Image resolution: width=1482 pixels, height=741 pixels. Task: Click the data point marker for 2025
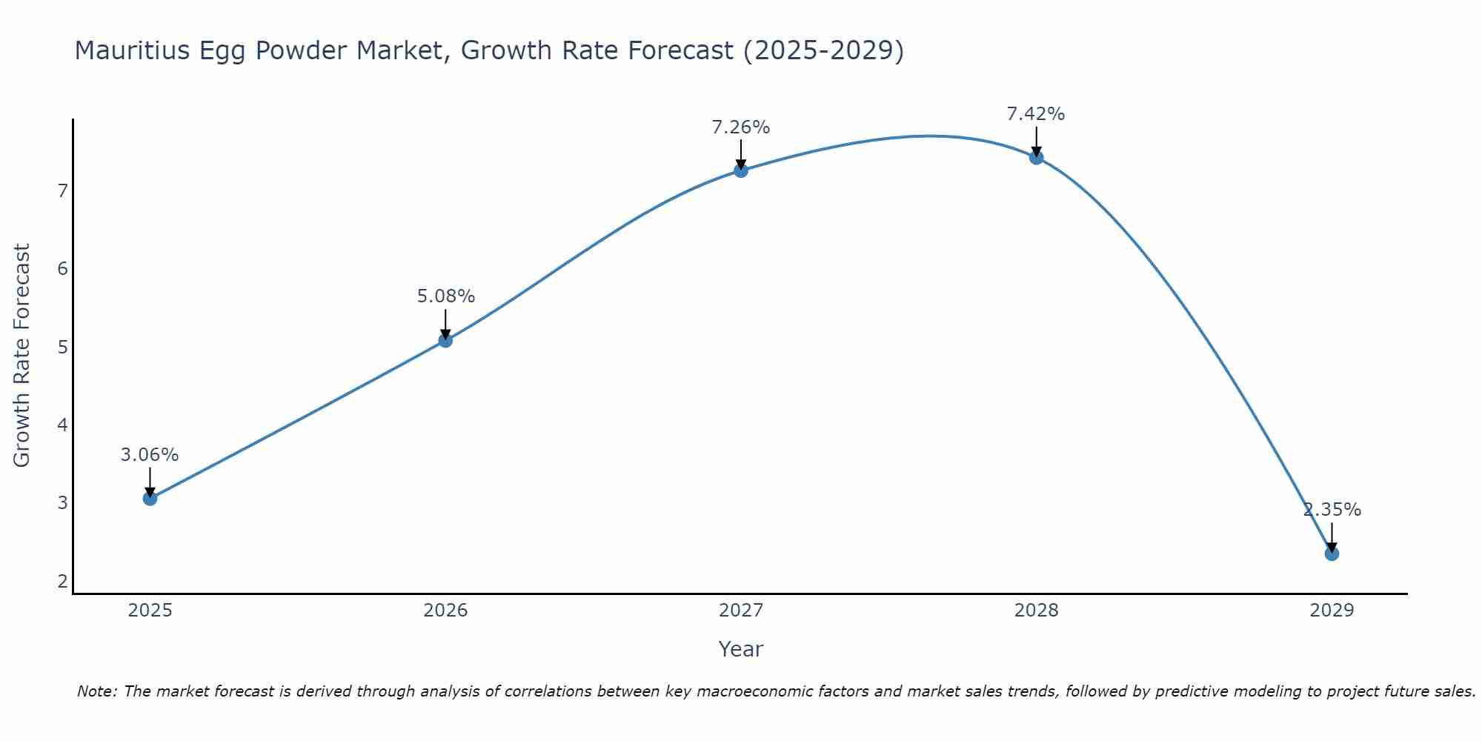[x=150, y=499]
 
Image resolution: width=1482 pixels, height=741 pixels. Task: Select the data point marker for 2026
[x=445, y=340]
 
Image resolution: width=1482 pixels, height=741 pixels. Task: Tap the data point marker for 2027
[x=741, y=170]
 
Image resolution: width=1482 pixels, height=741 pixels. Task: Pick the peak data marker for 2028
[x=1036, y=157]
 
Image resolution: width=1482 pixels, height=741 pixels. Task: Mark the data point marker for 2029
[x=1332, y=554]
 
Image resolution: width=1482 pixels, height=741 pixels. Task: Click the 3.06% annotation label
[x=150, y=455]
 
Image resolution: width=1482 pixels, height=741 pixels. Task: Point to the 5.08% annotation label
[x=445, y=296]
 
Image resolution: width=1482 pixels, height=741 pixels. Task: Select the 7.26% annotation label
[x=741, y=127]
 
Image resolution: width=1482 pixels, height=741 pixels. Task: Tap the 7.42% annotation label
[x=1036, y=114]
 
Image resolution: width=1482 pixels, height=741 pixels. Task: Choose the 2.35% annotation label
[x=1332, y=510]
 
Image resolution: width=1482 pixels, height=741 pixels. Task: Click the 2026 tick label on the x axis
[x=445, y=611]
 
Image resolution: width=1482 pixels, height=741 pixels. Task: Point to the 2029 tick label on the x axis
[x=1332, y=611]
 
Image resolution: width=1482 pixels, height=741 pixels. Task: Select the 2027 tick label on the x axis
[x=741, y=611]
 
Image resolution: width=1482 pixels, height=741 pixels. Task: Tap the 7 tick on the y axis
[x=63, y=191]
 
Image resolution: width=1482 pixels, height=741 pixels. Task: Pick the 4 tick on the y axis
[x=63, y=425]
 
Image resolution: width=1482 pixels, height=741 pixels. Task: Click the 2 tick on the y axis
[x=63, y=581]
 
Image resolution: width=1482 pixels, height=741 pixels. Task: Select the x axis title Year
[x=741, y=649]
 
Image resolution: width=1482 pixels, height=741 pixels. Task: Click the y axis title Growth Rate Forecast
[x=22, y=356]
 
